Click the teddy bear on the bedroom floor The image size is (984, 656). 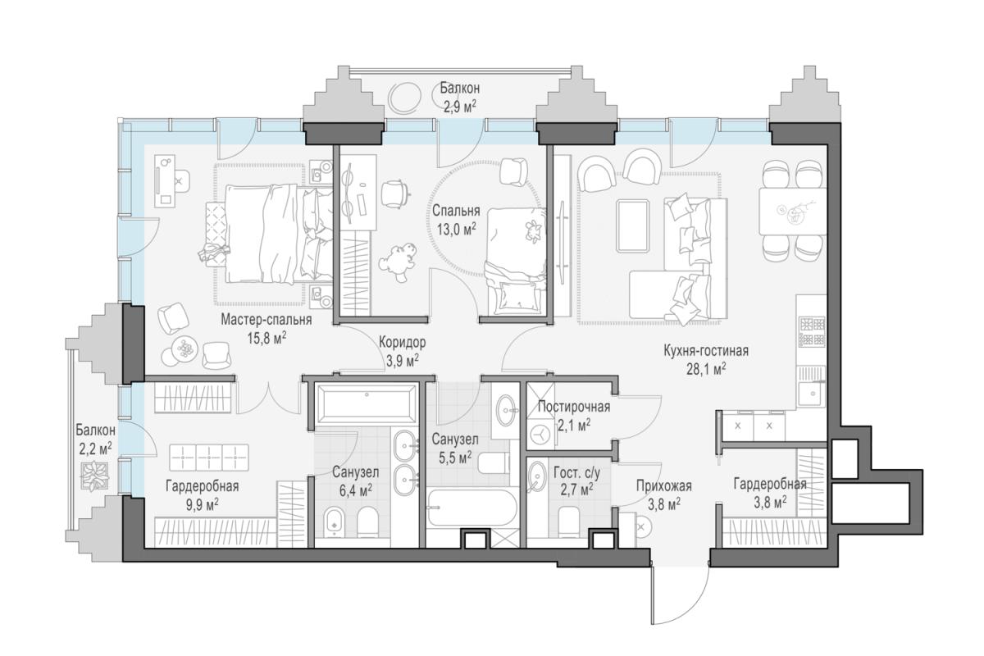coord(397,262)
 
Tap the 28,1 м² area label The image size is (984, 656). coord(706,369)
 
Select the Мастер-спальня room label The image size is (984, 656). coord(266,320)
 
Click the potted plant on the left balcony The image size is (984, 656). coord(94,476)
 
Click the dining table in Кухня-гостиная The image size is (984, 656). coord(792,212)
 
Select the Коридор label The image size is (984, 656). coord(403,342)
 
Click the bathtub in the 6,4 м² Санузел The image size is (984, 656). coord(367,403)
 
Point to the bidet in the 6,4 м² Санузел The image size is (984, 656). coord(335,522)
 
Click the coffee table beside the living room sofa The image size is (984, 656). coord(632,225)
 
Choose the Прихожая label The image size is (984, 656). coord(664,486)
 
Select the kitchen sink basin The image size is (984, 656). coord(813,394)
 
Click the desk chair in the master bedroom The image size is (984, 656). coord(181,180)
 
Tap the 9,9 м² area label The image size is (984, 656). coord(203,505)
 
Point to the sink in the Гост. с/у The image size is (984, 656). coord(536,476)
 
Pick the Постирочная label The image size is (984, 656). coord(574,407)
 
